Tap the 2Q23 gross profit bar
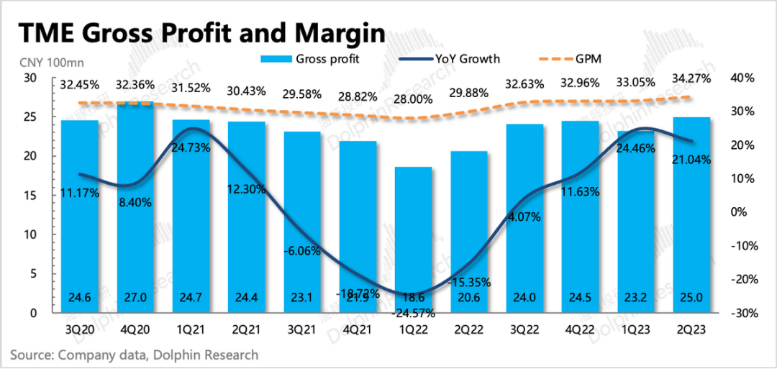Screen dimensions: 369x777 pos(691,216)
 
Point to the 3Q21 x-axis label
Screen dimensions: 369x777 pos(302,330)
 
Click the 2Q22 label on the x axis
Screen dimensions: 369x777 pos(469,330)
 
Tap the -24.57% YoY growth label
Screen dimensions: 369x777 pos(414,313)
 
